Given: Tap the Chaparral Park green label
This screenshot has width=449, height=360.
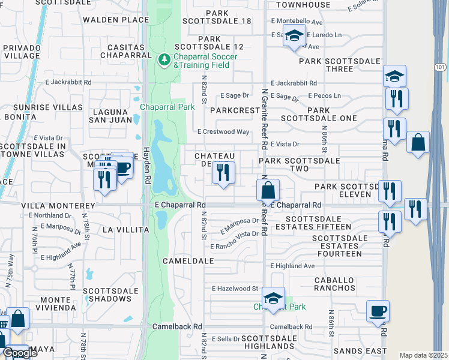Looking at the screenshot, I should coord(167,107).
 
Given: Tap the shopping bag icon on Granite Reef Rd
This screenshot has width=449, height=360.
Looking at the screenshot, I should coord(268,190).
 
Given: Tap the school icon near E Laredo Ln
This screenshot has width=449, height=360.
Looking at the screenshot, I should coord(294,36).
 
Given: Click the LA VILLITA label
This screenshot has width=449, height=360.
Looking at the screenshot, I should coord(125,229).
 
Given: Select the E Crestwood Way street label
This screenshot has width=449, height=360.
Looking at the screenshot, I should coord(223,131).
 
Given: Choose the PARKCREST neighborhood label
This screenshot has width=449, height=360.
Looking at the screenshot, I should coord(235,111).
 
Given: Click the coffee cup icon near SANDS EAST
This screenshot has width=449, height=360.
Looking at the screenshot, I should coord(378,311).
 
